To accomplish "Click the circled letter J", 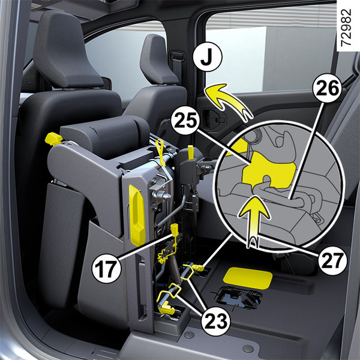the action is click(x=208, y=56).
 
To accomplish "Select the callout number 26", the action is click(x=327, y=88).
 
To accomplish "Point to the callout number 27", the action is click(x=332, y=260).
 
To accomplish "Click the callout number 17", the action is click(x=106, y=268).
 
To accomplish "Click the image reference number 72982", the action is click(x=346, y=28).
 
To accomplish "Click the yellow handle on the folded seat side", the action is click(x=137, y=215).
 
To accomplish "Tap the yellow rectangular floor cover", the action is click(x=248, y=278).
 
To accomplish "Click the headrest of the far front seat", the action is click(x=158, y=60).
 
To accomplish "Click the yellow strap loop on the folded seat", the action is click(x=160, y=152).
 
